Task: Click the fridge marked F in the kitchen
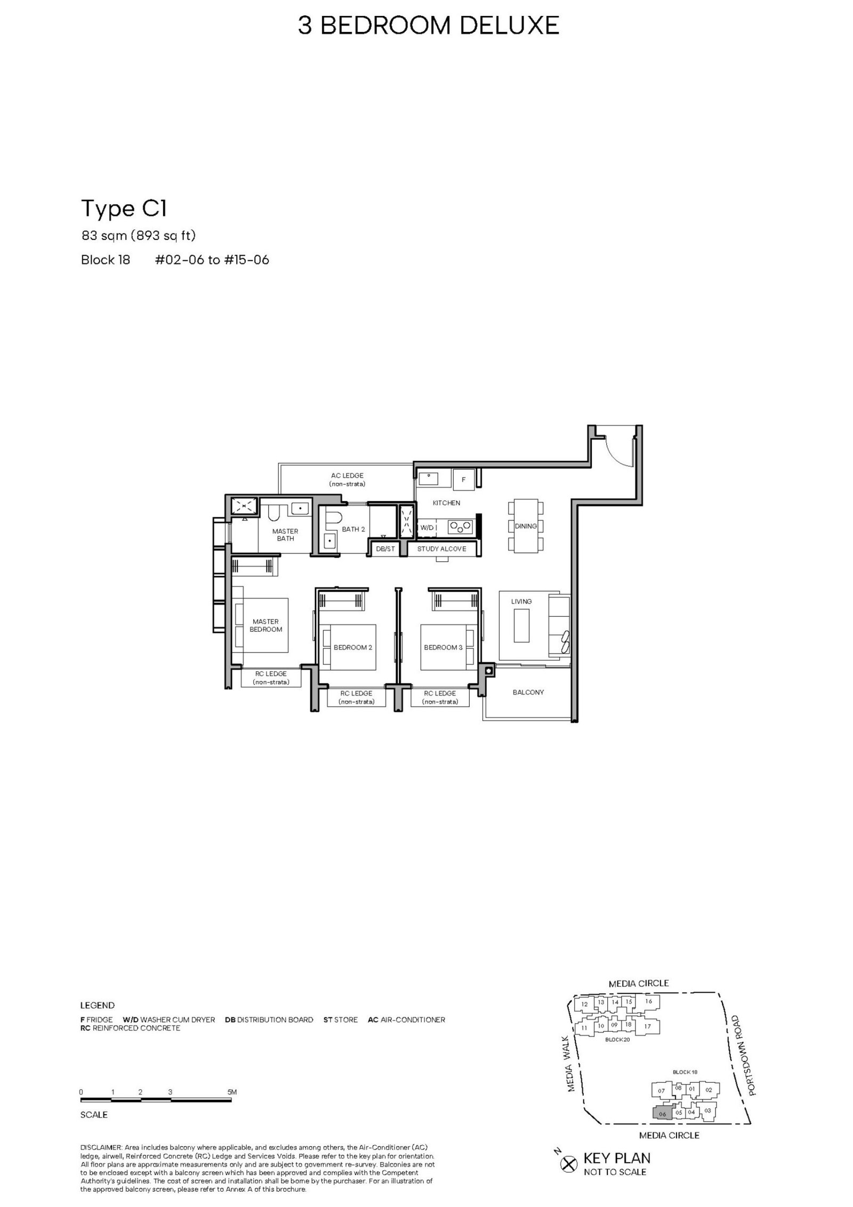click(463, 479)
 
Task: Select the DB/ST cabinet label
click(385, 549)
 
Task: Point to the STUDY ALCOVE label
click(441, 549)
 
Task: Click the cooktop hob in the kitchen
click(460, 527)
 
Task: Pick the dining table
click(526, 526)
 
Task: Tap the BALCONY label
click(528, 692)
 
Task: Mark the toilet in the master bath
click(275, 513)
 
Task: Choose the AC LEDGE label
click(347, 476)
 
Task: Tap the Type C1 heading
click(124, 208)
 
